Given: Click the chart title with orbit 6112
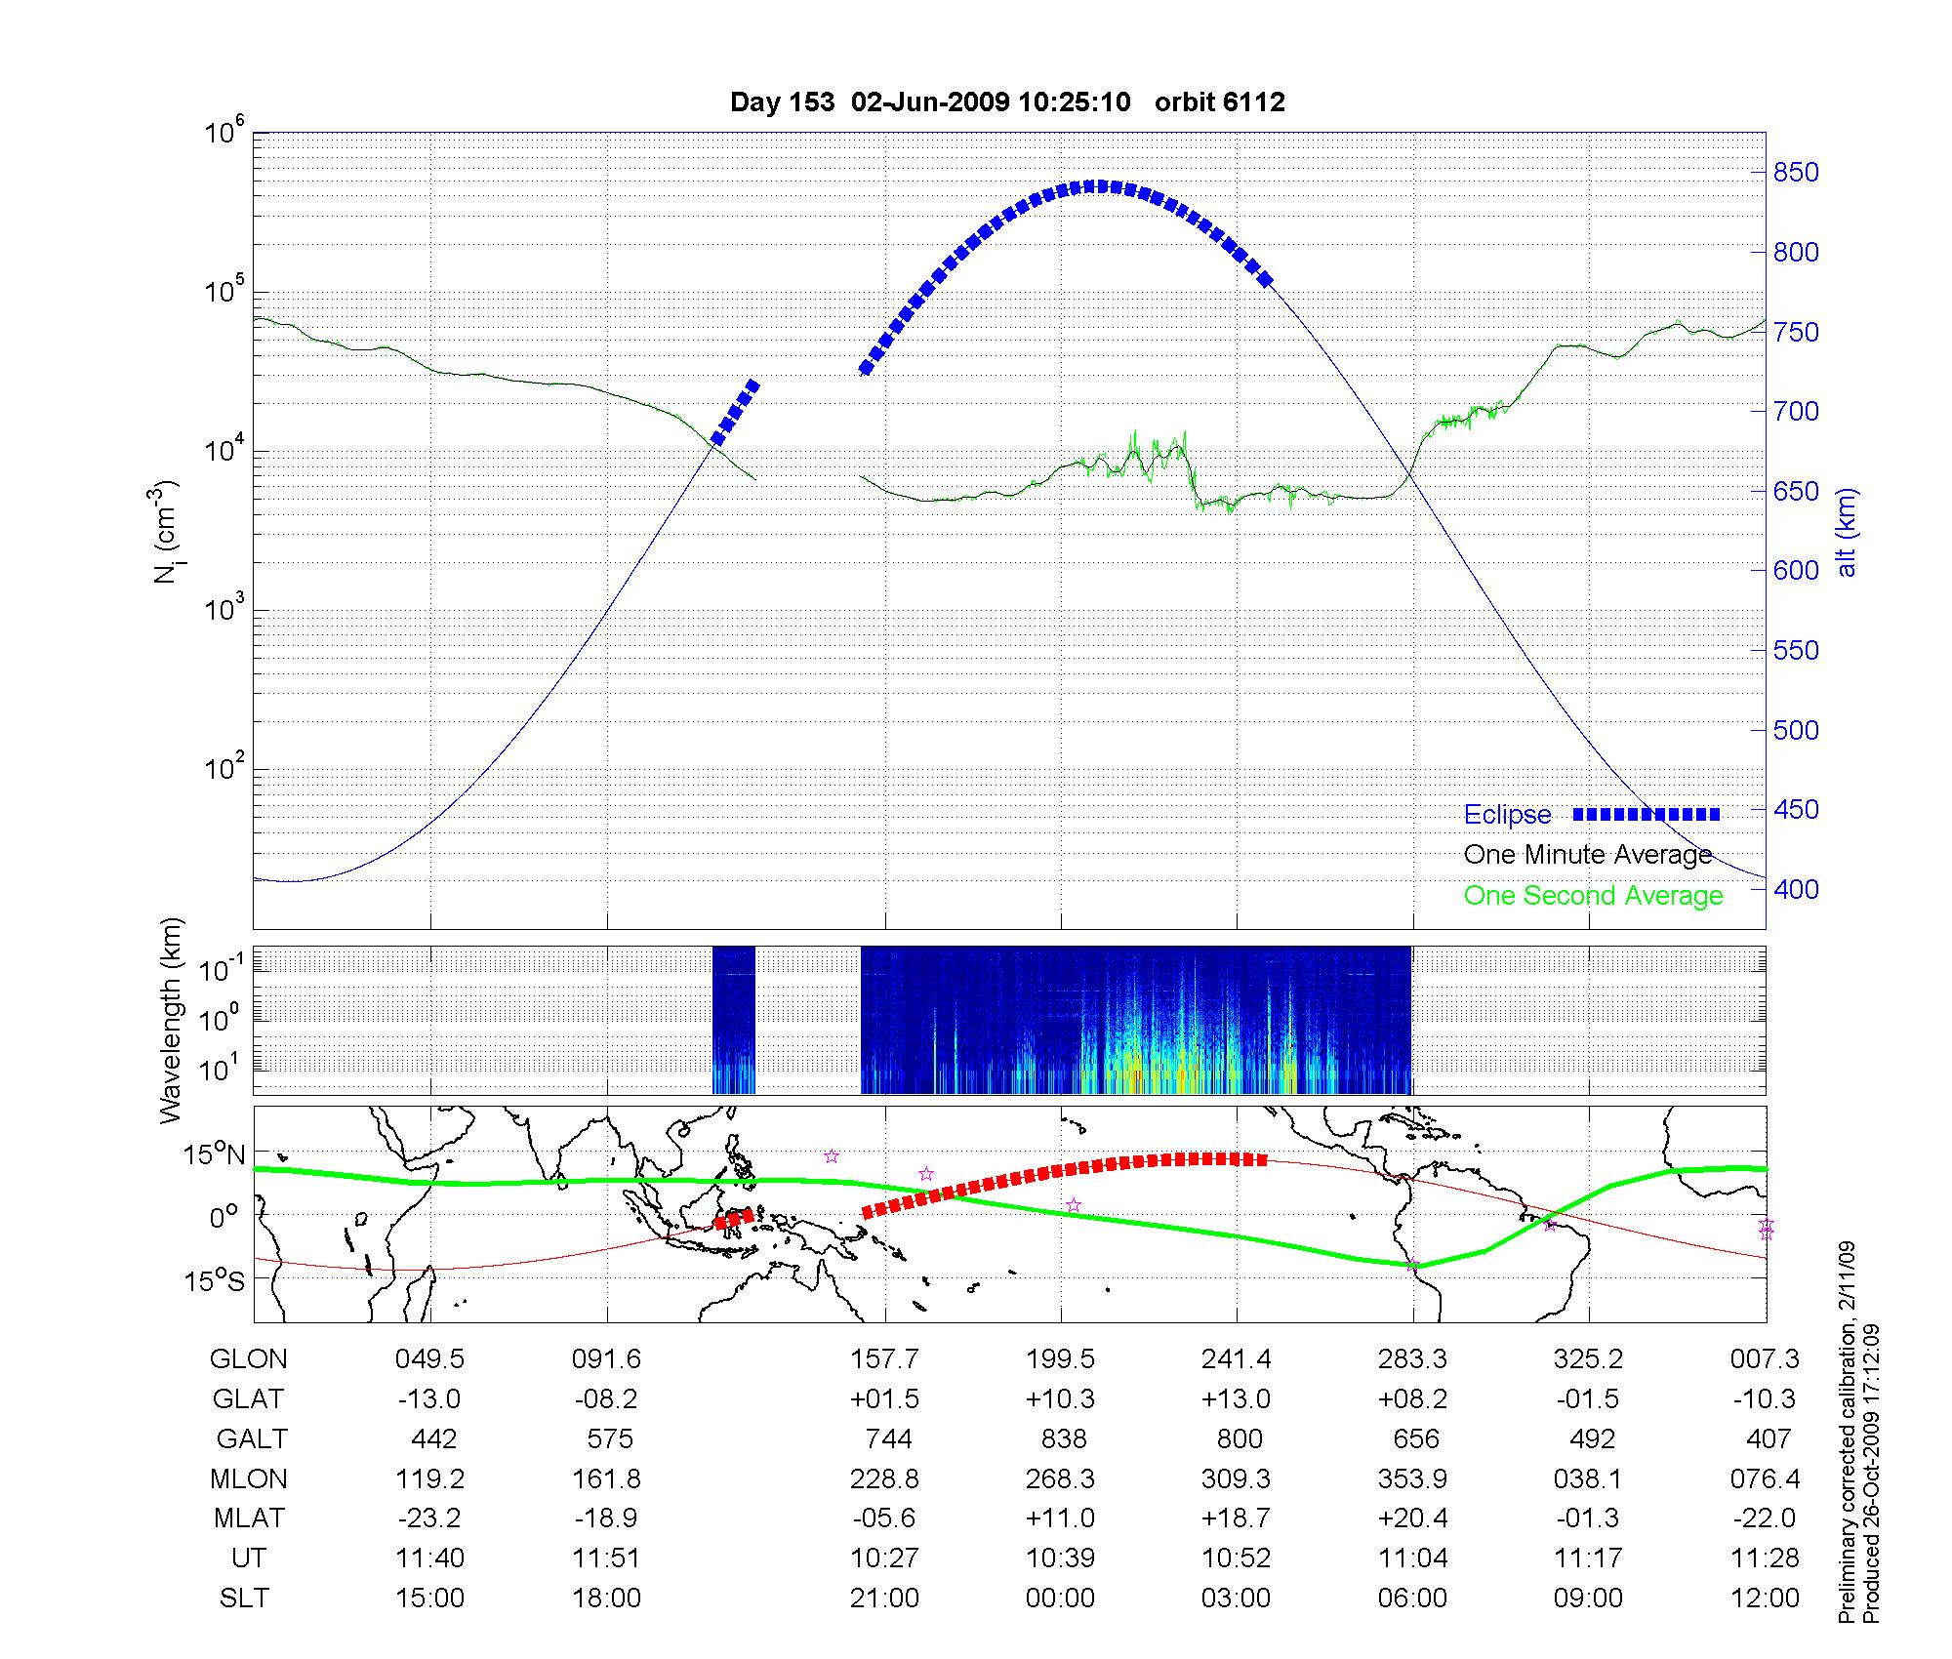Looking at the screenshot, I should (x=1007, y=101).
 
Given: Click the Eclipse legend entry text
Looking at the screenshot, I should (x=1507, y=815).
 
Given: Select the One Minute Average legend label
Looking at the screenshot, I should (x=1588, y=855).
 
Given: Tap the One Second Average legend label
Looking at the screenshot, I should (x=1593, y=896).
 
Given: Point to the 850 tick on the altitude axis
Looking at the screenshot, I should (x=1796, y=173).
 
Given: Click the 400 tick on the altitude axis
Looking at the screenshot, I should (x=1796, y=889).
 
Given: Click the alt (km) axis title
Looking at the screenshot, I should (x=1847, y=532).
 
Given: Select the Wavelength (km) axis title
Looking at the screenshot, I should (x=172, y=1020).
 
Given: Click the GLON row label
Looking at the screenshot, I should (x=249, y=1359).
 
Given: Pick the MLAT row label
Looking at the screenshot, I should (x=249, y=1518).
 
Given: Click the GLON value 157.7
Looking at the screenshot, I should (x=884, y=1359).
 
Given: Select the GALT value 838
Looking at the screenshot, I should (x=1063, y=1439).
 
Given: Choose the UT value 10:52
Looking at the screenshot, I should (x=1236, y=1558).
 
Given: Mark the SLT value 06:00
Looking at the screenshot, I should (x=1412, y=1598).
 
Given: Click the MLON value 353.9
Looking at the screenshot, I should (x=1412, y=1479).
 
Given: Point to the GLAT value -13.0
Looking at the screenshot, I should (x=429, y=1399).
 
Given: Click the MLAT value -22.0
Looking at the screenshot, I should (x=1765, y=1518).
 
